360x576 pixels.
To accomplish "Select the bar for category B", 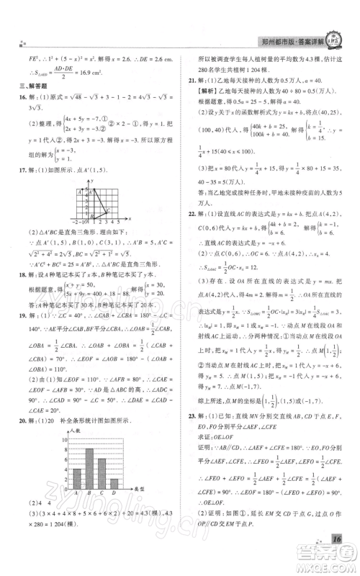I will click(x=89, y=467).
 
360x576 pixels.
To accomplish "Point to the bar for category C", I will click(x=101, y=472).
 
